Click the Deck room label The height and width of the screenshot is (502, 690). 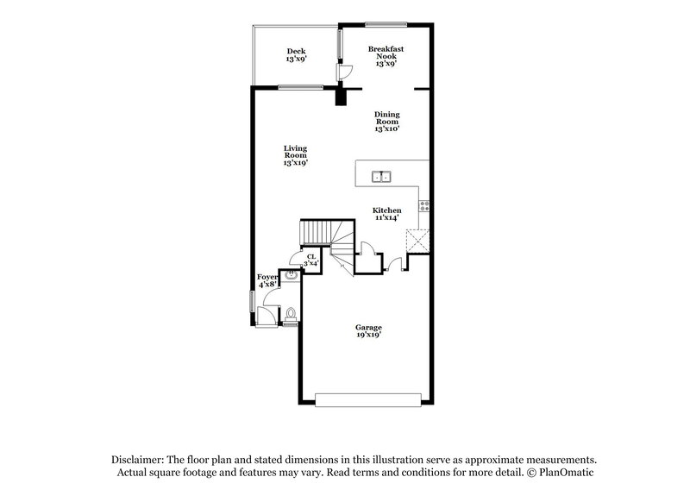point(297,56)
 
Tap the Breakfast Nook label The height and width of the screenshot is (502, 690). point(386,55)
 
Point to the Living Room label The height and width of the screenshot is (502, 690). point(296,155)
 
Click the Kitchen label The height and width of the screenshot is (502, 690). point(386,214)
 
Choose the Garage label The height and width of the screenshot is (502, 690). point(368,330)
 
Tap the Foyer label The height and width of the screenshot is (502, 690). point(267,280)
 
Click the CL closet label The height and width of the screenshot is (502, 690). point(310,259)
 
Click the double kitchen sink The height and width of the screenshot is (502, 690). point(380,178)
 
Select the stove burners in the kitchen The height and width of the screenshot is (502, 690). point(423,205)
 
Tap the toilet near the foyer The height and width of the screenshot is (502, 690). point(291,314)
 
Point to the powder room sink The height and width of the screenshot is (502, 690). point(292,277)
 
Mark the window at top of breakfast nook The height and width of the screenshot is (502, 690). point(379,23)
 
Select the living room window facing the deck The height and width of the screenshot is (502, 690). point(300,86)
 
